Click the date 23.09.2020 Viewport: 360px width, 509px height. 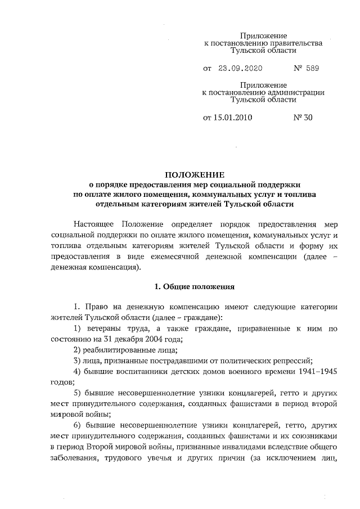(241, 69)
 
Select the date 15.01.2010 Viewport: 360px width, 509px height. (233, 118)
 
